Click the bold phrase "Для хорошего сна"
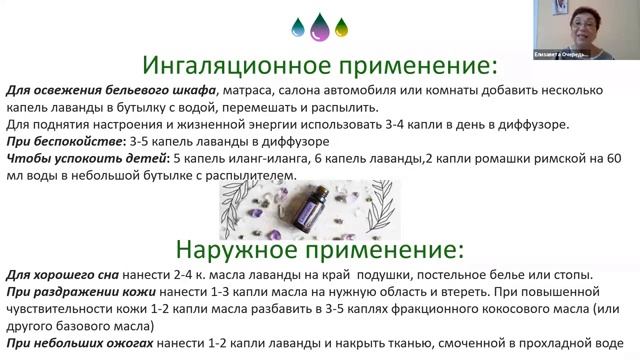[x=64, y=275]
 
